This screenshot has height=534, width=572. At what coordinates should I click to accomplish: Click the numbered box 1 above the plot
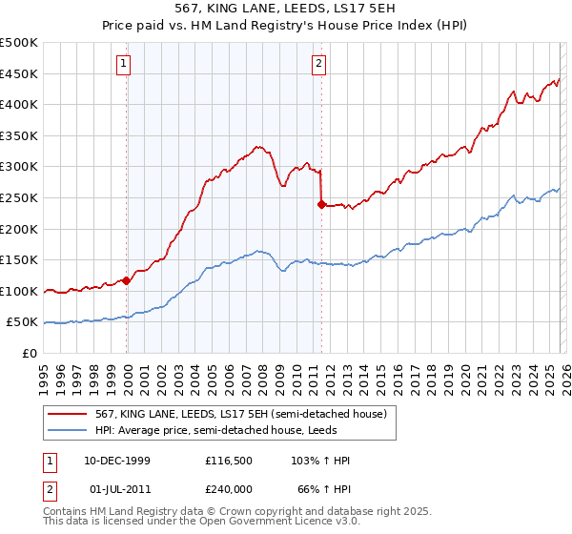(x=126, y=64)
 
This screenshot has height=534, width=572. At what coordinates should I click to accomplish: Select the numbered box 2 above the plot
(x=318, y=64)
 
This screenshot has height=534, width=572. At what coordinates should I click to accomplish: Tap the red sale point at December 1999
(x=127, y=280)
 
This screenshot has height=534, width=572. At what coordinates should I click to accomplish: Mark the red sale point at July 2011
(x=321, y=203)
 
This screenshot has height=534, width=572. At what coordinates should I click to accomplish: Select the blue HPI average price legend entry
(x=210, y=430)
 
